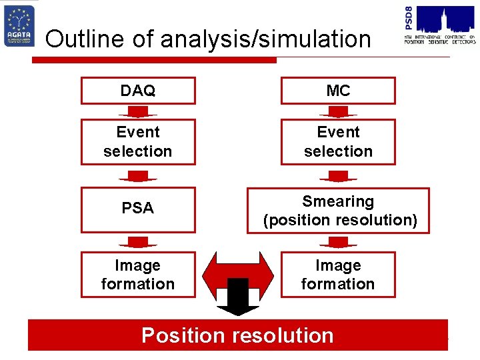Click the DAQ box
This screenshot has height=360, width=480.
(x=138, y=91)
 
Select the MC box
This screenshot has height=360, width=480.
(x=338, y=91)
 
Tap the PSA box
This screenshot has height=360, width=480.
(x=138, y=209)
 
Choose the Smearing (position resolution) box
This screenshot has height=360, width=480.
(x=339, y=211)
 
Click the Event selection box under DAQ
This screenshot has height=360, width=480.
(x=138, y=141)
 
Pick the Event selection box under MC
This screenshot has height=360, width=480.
(x=338, y=141)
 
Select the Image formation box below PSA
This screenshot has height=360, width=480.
(x=138, y=274)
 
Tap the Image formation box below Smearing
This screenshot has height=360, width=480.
(x=338, y=274)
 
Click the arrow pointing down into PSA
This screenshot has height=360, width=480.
(x=138, y=176)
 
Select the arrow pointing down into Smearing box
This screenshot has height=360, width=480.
(x=338, y=176)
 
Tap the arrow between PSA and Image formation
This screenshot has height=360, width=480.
(x=138, y=241)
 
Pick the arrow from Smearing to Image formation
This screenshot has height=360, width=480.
(x=338, y=241)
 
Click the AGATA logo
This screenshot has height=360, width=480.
(x=19, y=26)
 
